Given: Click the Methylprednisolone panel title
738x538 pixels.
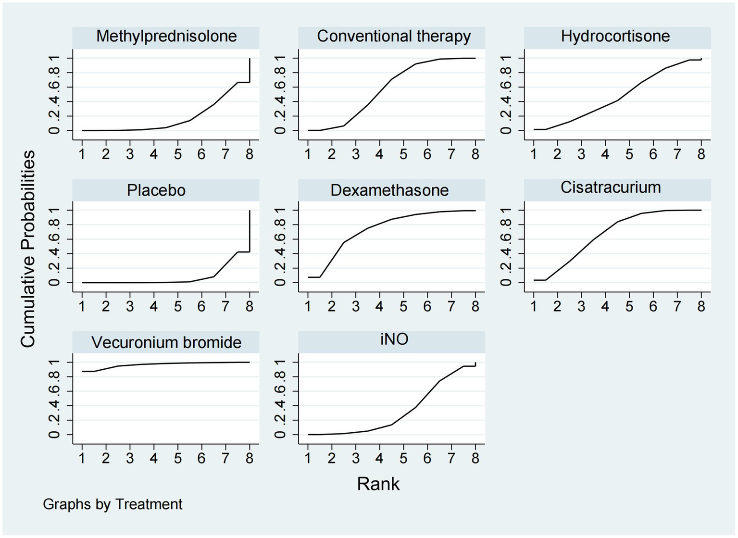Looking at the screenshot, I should tap(166, 37).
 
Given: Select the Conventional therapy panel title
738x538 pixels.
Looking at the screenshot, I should tap(394, 37).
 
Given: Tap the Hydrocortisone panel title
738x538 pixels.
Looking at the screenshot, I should tap(615, 37).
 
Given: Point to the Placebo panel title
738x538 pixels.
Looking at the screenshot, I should tap(156, 190).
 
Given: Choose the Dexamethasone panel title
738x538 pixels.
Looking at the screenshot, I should tap(389, 190).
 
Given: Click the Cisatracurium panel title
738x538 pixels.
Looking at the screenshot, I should tap(611, 188).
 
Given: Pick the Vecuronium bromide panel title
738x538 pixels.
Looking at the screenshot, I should tap(166, 342).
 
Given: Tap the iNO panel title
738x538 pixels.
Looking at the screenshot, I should tap(394, 339).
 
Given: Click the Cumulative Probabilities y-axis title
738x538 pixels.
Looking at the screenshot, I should tap(28, 249).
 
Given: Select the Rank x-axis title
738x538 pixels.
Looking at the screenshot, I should tap(378, 484).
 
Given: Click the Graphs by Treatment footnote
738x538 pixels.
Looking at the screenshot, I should tap(113, 504).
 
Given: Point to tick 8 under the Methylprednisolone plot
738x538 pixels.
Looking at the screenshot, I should tap(250, 154).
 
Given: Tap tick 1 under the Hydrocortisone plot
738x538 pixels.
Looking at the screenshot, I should tap(533, 154).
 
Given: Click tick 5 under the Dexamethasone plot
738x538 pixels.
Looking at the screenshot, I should tap(403, 306).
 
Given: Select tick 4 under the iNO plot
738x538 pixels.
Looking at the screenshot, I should tap(379, 458).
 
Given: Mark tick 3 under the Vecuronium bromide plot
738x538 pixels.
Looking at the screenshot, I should tap(130, 458).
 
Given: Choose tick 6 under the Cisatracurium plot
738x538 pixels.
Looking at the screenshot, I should tap(653, 306).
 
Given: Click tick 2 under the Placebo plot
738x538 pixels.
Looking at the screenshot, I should tap(106, 306).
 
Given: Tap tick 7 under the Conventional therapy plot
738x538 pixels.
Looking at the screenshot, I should tap(451, 154).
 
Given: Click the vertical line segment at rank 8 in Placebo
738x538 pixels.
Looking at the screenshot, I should tap(250, 231).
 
